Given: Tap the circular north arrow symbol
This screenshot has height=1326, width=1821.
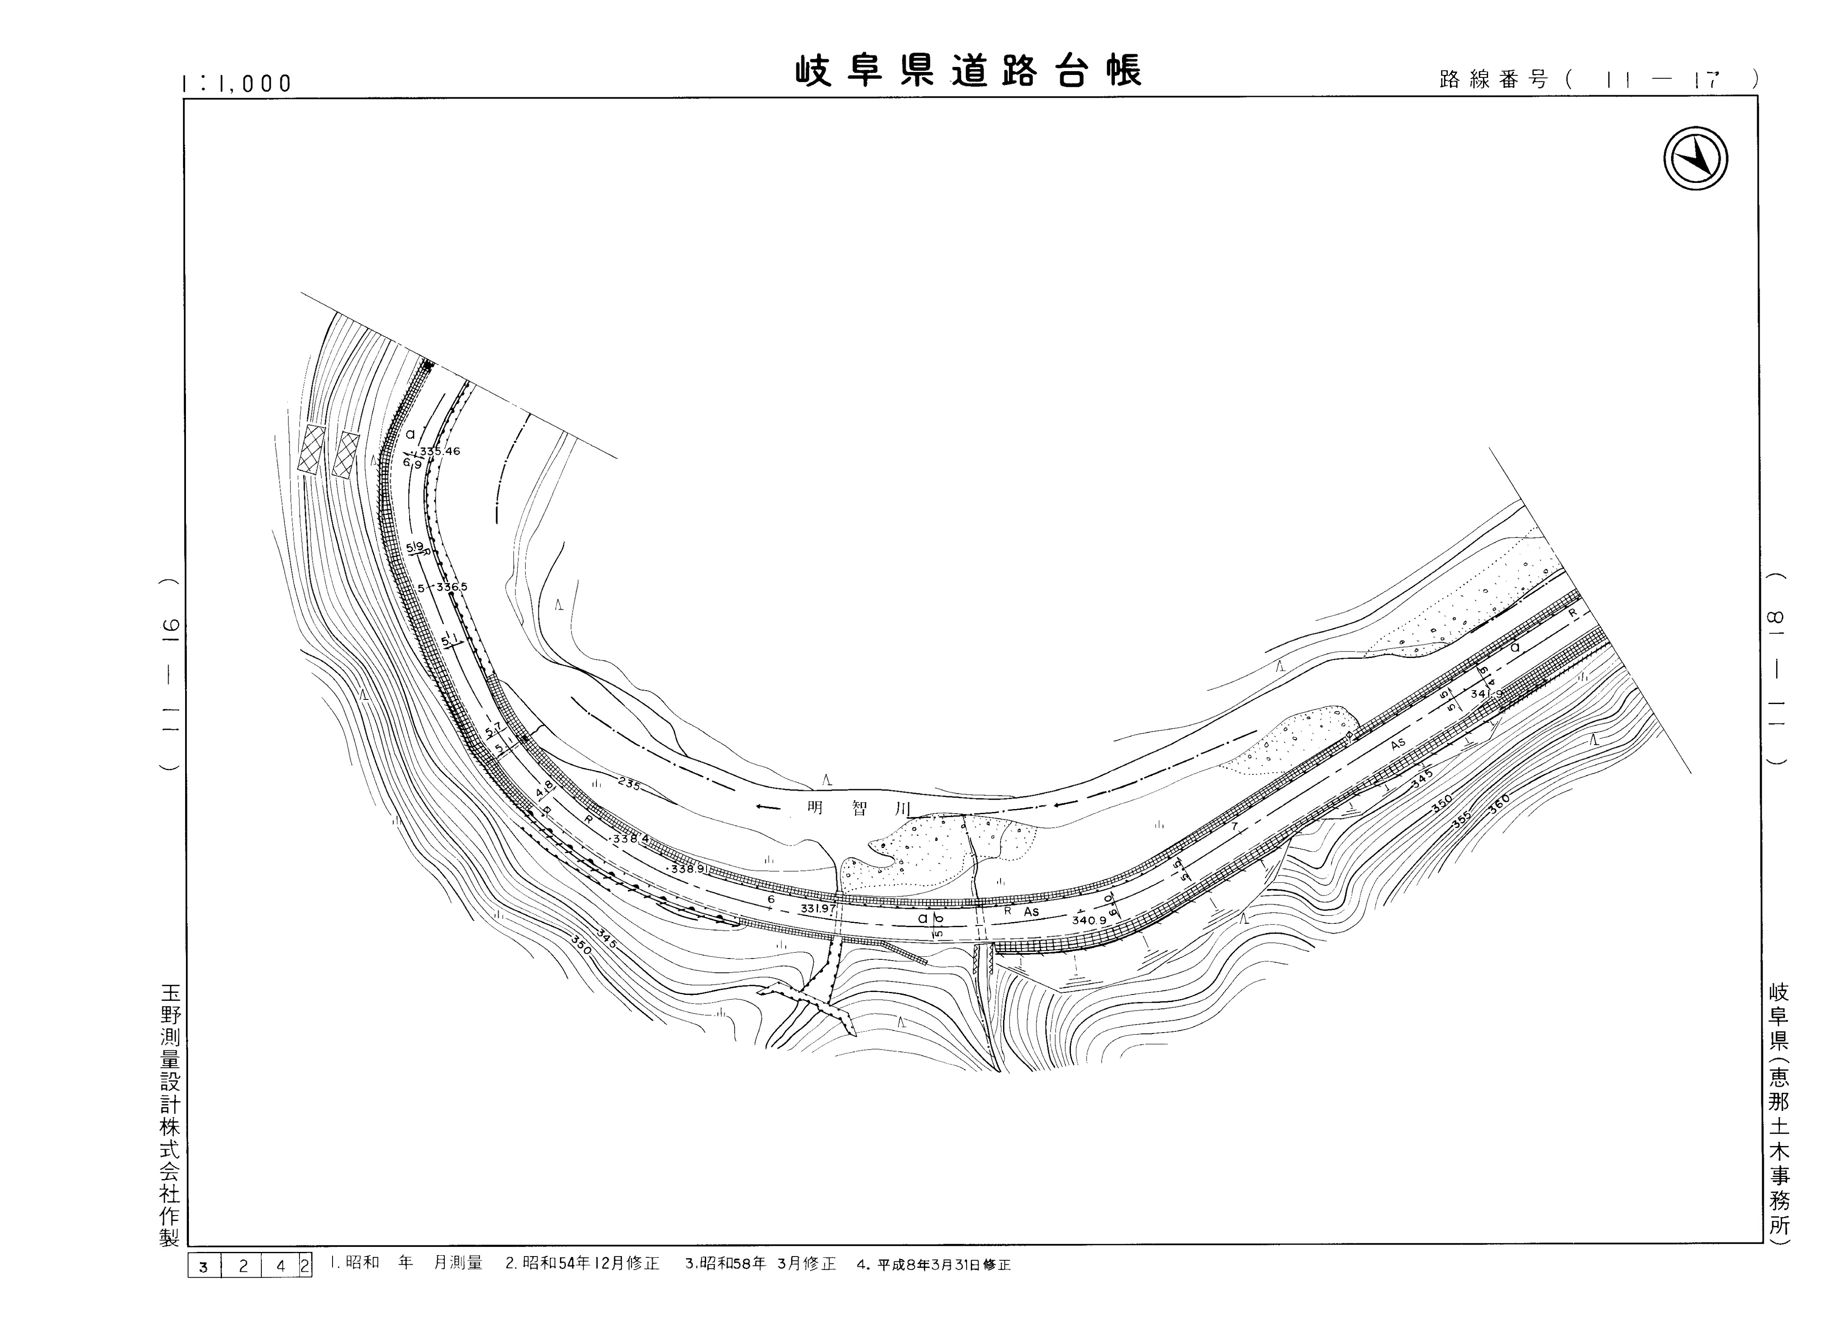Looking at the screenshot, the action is coord(1695,159).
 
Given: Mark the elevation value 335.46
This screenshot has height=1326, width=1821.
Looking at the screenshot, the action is coord(439,451).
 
